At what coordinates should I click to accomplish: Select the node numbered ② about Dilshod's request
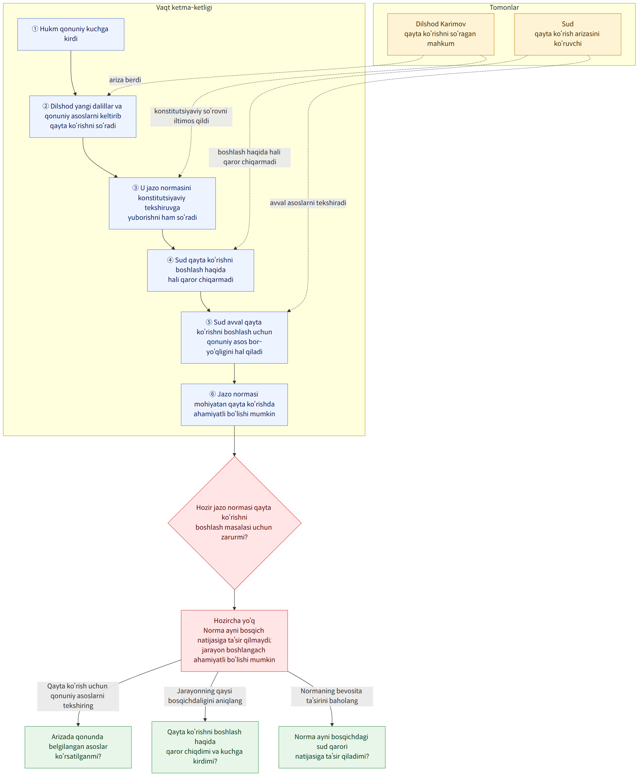click(x=83, y=117)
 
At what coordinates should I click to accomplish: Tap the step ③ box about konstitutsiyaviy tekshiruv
click(x=162, y=203)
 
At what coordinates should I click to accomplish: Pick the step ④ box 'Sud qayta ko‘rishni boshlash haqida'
click(x=201, y=271)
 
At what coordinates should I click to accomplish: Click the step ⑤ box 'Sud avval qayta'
click(x=234, y=338)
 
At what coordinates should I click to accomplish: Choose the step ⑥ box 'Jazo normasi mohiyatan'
click(x=234, y=405)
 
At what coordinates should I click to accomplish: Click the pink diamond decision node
click(x=234, y=523)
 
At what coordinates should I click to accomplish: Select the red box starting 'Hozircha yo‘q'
click(x=234, y=641)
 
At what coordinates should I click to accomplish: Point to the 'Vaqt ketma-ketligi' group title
click(x=184, y=7)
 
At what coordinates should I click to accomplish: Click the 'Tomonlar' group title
click(x=504, y=7)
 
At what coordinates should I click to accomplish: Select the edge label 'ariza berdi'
click(x=125, y=80)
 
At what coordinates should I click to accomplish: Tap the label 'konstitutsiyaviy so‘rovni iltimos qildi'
click(x=191, y=116)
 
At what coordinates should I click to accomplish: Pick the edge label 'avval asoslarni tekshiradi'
click(x=308, y=203)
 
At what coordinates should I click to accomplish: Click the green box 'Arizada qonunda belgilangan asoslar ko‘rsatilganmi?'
click(x=78, y=747)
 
